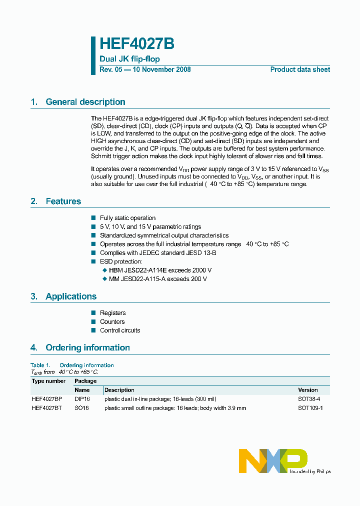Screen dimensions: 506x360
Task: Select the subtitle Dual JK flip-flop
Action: [129, 59]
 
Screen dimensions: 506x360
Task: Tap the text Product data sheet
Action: [300, 69]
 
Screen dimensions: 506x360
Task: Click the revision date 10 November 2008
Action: [161, 69]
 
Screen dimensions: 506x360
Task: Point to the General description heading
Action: [85, 102]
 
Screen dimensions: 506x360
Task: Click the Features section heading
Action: [63, 201]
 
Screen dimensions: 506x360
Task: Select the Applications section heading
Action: [71, 296]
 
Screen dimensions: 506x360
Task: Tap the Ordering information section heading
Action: [87, 347]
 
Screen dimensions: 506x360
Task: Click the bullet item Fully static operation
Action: [127, 218]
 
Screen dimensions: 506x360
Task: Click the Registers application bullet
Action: [112, 313]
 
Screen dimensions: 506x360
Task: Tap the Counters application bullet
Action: [112, 322]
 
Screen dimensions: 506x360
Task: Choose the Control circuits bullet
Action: [120, 330]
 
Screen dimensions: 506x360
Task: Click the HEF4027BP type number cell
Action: [47, 399]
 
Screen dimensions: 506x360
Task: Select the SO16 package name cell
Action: [81, 408]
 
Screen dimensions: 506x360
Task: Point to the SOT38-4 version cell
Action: [309, 399]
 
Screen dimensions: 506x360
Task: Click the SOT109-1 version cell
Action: [310, 408]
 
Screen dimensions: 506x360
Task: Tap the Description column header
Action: [119, 390]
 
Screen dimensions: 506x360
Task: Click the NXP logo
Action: [273, 460]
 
